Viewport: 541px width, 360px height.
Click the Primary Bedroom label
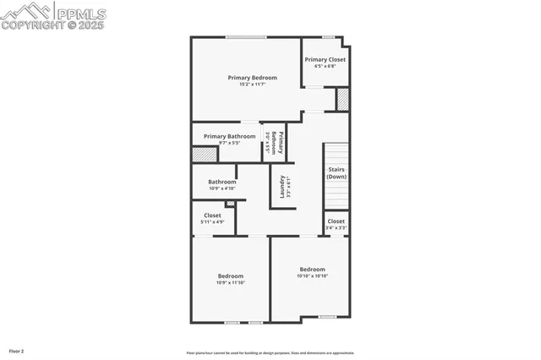pos(252,78)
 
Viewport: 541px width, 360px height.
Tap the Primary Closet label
pos(325,59)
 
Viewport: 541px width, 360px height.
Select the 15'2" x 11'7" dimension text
pos(252,85)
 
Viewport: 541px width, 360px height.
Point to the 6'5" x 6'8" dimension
pos(325,66)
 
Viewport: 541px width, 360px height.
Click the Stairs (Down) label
pos(336,173)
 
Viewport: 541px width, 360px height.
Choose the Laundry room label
pos(281,185)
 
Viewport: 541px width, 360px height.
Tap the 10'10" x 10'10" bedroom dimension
pos(312,276)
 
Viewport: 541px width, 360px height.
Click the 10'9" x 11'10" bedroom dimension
pos(230,283)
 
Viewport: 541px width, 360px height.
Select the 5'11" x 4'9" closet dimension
pos(212,221)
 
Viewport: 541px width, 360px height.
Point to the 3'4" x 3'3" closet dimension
pos(336,227)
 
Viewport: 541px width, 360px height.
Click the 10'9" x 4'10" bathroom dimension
pos(222,188)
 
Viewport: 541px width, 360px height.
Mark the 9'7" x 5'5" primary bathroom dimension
pos(229,143)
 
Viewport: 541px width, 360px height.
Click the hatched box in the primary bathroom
pos(205,155)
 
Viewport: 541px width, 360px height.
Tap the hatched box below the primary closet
pos(342,99)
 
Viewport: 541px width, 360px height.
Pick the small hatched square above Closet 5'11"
pos(230,204)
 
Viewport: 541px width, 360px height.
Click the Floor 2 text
pos(17,351)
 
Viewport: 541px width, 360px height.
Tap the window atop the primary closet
pos(327,36)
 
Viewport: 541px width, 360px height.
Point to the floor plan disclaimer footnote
pos(270,353)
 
